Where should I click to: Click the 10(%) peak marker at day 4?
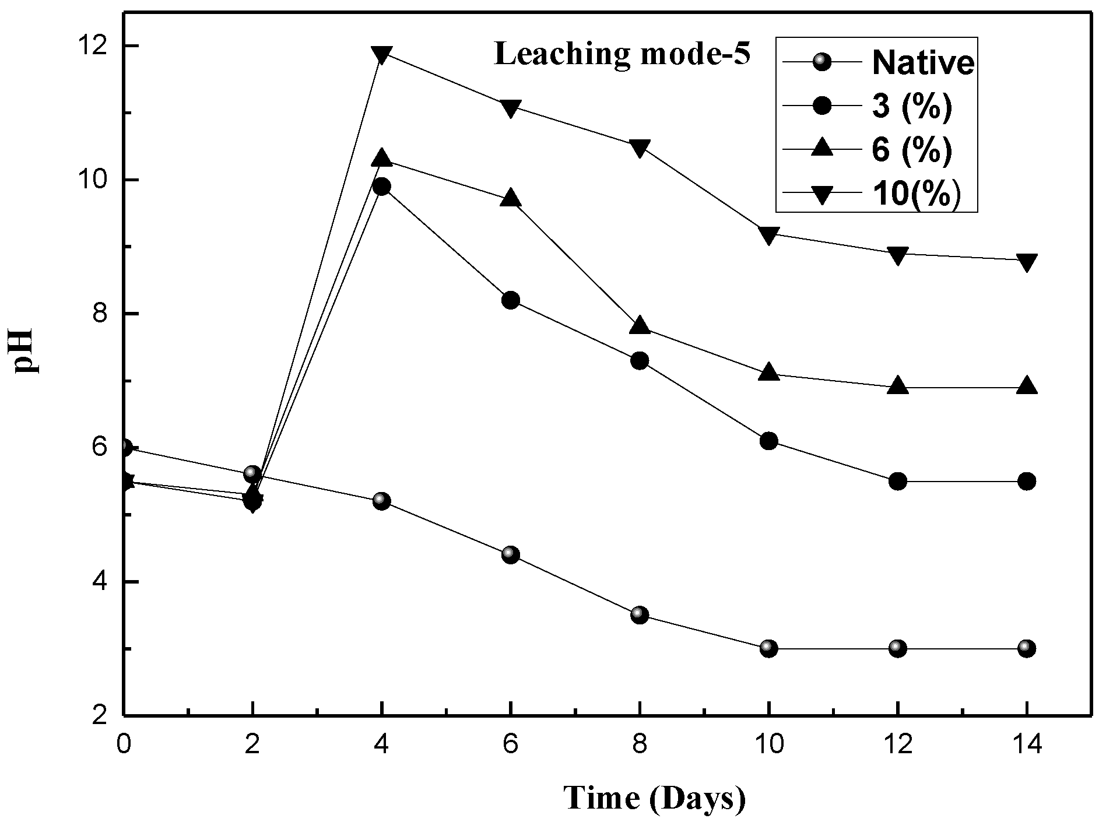(382, 55)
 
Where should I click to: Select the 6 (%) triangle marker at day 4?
(382, 158)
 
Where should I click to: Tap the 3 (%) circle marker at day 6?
(511, 301)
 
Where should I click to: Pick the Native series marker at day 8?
(640, 614)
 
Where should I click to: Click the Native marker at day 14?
(1027, 648)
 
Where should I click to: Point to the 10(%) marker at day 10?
(769, 235)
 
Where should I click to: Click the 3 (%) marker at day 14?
(1027, 482)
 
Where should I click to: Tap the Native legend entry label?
(923, 63)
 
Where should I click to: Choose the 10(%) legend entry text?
(916, 195)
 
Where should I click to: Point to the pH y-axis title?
(26, 352)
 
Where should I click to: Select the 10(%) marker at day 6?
(511, 108)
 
